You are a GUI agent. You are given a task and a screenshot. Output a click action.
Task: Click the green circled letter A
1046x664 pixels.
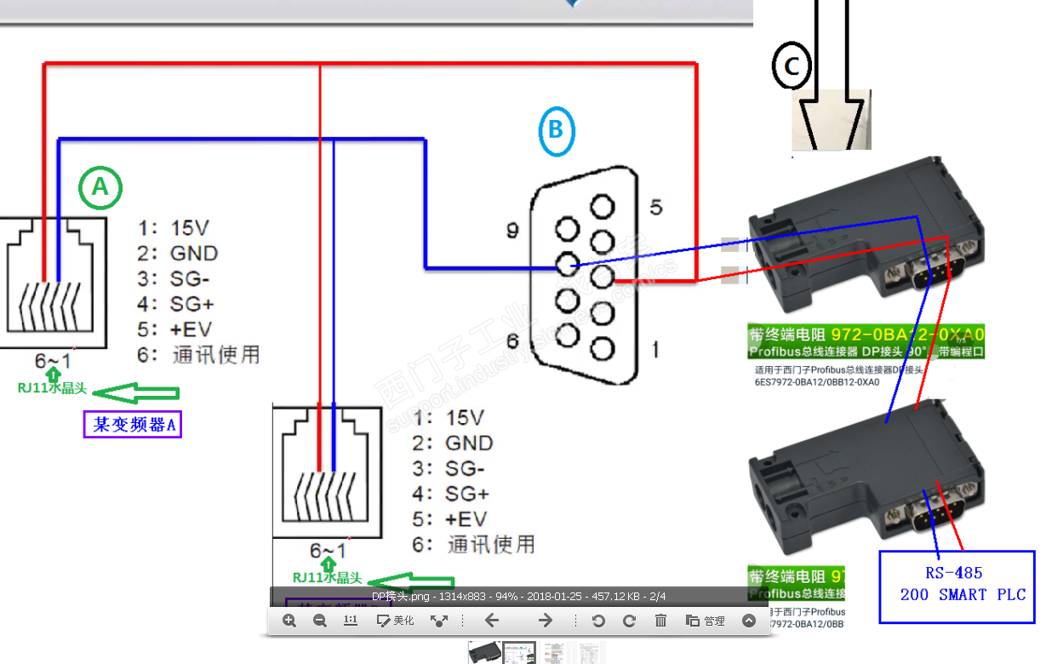[x=100, y=186]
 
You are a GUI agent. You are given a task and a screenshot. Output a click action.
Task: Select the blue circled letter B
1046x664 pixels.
[x=556, y=130]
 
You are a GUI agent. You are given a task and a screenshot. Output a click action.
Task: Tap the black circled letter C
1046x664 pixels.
[x=792, y=66]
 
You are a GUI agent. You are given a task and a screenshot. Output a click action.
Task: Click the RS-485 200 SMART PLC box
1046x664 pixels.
[x=957, y=586]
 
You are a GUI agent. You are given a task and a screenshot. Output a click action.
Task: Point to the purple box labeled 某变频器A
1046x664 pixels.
[x=133, y=424]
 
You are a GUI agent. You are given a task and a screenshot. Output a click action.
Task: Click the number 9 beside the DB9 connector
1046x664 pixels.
[x=513, y=230]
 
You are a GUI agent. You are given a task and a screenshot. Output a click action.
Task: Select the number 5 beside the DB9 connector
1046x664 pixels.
[x=654, y=207]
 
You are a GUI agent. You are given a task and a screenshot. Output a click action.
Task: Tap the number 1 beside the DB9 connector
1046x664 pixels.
[x=654, y=348]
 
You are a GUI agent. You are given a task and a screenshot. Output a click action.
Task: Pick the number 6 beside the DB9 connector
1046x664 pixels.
[x=513, y=341]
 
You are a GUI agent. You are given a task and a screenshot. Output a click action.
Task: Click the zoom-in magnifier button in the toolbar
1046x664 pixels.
[x=289, y=621]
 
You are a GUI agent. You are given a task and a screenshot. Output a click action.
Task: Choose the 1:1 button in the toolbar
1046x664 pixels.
[x=351, y=621]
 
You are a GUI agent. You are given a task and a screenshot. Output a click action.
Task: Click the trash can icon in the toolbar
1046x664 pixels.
[x=660, y=621]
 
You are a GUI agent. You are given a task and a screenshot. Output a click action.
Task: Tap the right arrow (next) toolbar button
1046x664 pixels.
[x=546, y=621]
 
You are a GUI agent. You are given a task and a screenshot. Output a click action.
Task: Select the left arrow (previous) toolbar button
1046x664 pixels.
[x=491, y=621]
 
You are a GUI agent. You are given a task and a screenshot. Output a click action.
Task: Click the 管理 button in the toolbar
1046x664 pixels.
[x=706, y=621]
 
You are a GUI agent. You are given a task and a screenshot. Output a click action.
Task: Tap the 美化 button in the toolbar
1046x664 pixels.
[x=396, y=621]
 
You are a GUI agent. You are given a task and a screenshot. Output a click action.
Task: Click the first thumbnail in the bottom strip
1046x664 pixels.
[x=484, y=653]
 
